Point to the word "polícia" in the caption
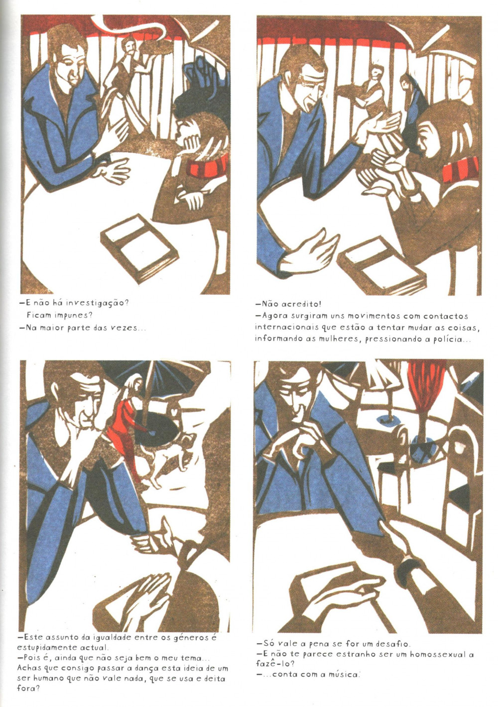tap(448, 340)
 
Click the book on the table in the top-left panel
tap(139, 248)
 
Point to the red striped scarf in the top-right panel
tap(461, 170)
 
